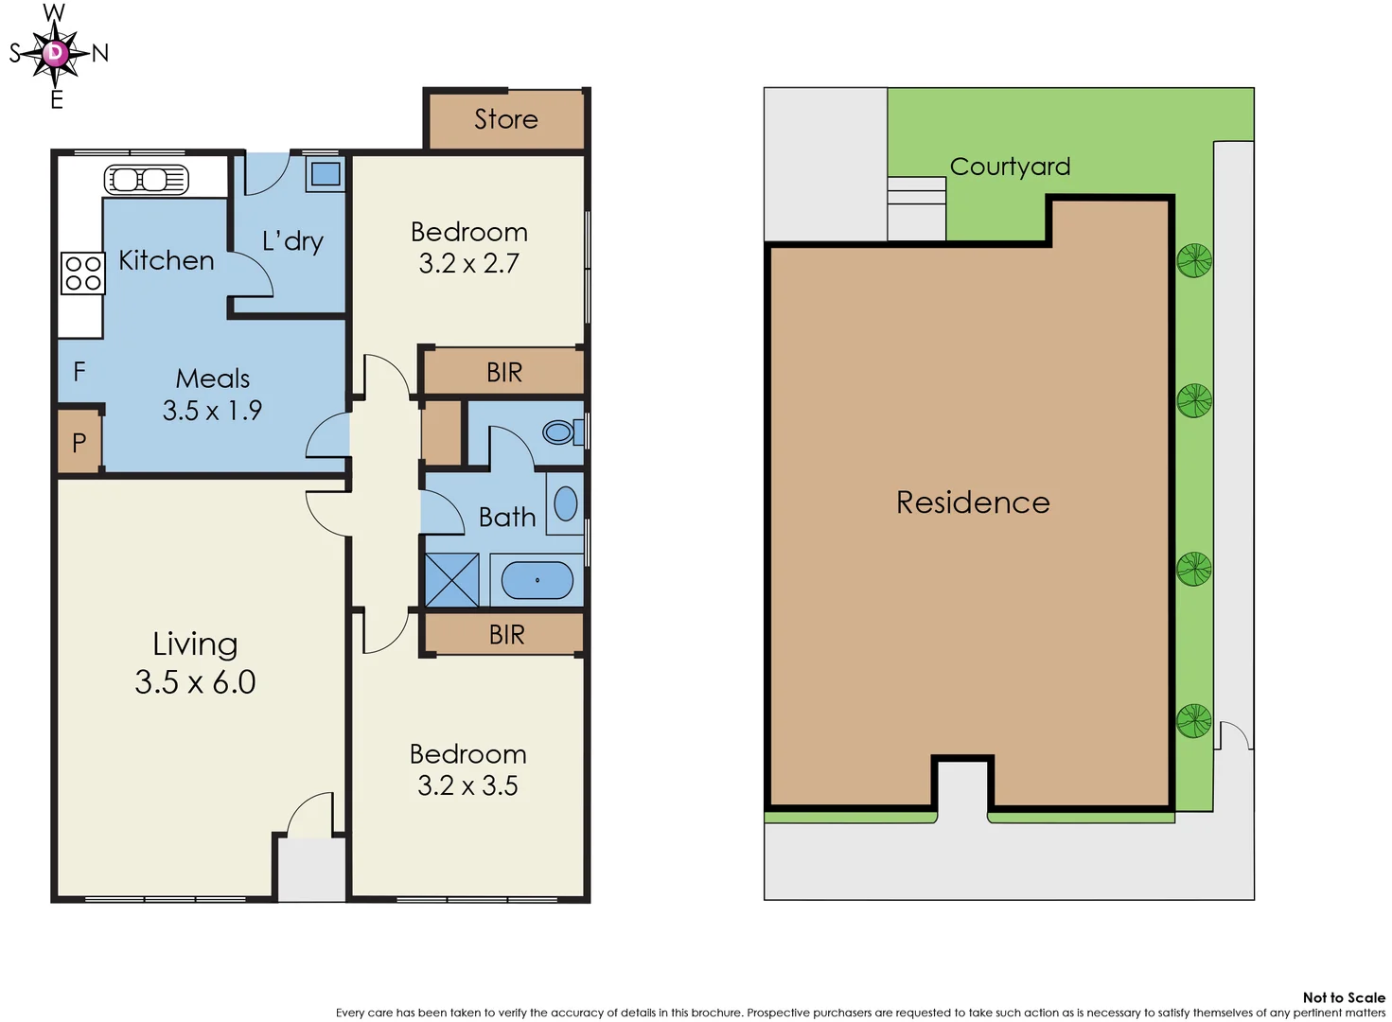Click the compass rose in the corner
(x=56, y=54)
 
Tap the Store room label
(x=505, y=119)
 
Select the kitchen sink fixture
(x=147, y=179)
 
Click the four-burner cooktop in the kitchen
(x=82, y=273)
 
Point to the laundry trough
(x=326, y=174)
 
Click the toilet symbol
(x=561, y=432)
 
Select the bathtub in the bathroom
(x=537, y=580)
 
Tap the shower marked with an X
(x=451, y=580)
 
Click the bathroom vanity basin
(x=566, y=504)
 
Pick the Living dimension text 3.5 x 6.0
(x=195, y=682)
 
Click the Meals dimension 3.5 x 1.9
(x=212, y=411)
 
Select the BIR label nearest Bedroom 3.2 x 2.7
(x=504, y=372)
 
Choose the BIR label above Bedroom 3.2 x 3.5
(x=506, y=635)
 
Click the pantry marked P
(x=79, y=442)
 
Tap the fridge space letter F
(x=79, y=372)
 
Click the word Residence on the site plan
(x=973, y=502)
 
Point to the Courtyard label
(x=1010, y=167)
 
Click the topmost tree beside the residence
(x=1194, y=260)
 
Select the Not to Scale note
(x=1343, y=997)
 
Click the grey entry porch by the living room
(x=311, y=869)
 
